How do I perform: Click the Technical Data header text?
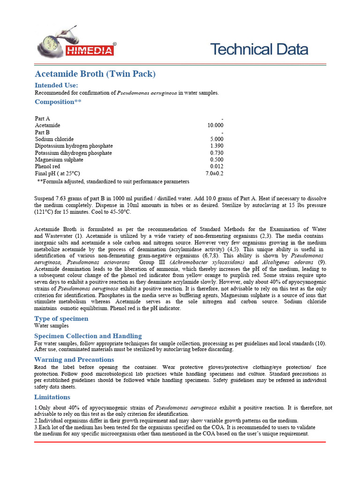[259, 49]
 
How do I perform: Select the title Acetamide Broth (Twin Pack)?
[95, 74]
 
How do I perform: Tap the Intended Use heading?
[56, 85]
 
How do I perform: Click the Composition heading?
[58, 102]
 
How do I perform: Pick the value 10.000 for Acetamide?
[215, 126]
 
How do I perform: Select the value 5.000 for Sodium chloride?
[217, 139]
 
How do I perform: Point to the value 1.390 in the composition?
[217, 146]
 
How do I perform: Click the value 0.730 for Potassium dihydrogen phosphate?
[217, 153]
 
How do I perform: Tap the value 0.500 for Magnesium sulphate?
[217, 160]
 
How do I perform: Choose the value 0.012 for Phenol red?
[217, 167]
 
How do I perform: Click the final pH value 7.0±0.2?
[214, 173]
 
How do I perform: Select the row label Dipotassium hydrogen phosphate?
[74, 146]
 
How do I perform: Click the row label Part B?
[42, 133]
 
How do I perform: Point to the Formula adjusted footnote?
[112, 181]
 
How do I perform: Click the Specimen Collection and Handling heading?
[88, 336]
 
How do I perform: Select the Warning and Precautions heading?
[74, 360]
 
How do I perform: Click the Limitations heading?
[52, 397]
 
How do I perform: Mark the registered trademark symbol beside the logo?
[115, 43]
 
